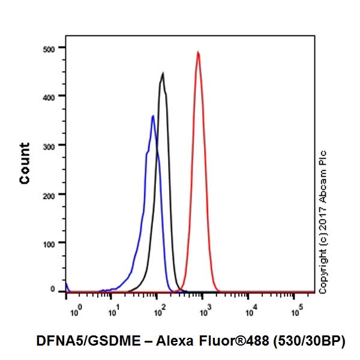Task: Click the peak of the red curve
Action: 198,52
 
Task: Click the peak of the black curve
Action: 163,74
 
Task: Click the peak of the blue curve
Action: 153,116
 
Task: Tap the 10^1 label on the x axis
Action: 113,311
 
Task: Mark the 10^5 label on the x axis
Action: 296,311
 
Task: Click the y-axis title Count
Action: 25,163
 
